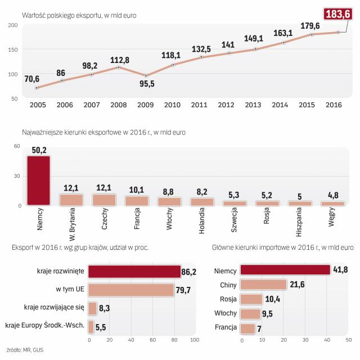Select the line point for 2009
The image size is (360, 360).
146,75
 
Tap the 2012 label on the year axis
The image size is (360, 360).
226,105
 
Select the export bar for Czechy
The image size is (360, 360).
104,199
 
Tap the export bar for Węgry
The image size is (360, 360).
332,203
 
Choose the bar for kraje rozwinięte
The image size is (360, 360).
132,272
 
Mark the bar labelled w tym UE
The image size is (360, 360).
130,290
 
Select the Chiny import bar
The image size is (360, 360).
263,285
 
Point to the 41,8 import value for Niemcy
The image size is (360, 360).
341,270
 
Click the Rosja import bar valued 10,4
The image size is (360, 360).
251,299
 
